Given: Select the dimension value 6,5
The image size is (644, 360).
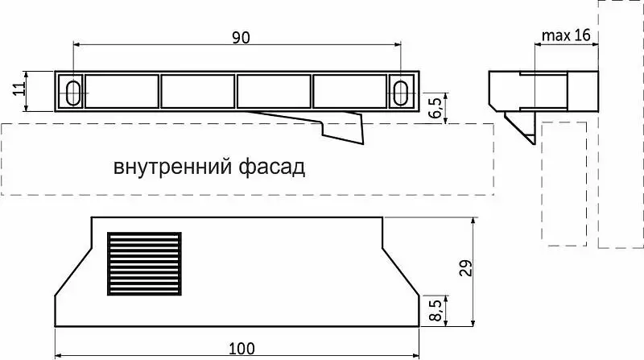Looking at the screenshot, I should (x=436, y=108).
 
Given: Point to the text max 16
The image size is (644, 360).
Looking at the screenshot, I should (x=567, y=35).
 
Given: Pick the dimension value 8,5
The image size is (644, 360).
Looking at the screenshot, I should (x=435, y=309).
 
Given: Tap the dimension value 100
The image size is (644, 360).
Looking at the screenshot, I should (x=241, y=349).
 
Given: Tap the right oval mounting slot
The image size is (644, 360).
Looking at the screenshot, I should (x=401, y=92).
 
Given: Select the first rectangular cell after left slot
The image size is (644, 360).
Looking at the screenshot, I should (x=122, y=92).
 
